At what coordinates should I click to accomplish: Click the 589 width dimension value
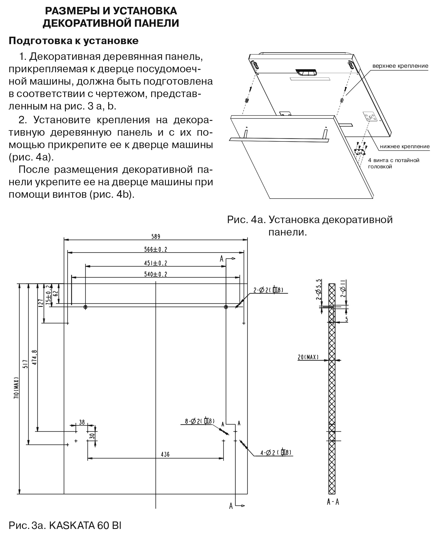[x=156, y=236]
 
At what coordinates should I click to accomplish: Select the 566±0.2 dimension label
[x=156, y=249]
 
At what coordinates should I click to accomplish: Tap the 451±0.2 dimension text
[x=156, y=263]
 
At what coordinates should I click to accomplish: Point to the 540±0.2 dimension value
[x=156, y=274]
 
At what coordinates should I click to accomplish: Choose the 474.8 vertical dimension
[x=35, y=357]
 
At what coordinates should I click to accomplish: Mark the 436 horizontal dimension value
[x=165, y=454]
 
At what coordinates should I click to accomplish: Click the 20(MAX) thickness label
[x=308, y=357]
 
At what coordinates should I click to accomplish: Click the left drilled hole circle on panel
[x=85, y=307]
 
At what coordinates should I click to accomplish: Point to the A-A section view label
[x=333, y=502]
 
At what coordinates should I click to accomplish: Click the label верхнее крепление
[x=400, y=66]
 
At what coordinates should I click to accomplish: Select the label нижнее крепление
[x=404, y=146]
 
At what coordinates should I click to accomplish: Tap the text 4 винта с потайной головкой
[x=393, y=163]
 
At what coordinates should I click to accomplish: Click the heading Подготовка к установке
[x=74, y=41]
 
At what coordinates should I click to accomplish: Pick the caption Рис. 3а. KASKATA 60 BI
[x=65, y=525]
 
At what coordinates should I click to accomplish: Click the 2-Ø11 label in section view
[x=343, y=288]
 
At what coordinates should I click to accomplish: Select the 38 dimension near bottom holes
[x=82, y=422]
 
